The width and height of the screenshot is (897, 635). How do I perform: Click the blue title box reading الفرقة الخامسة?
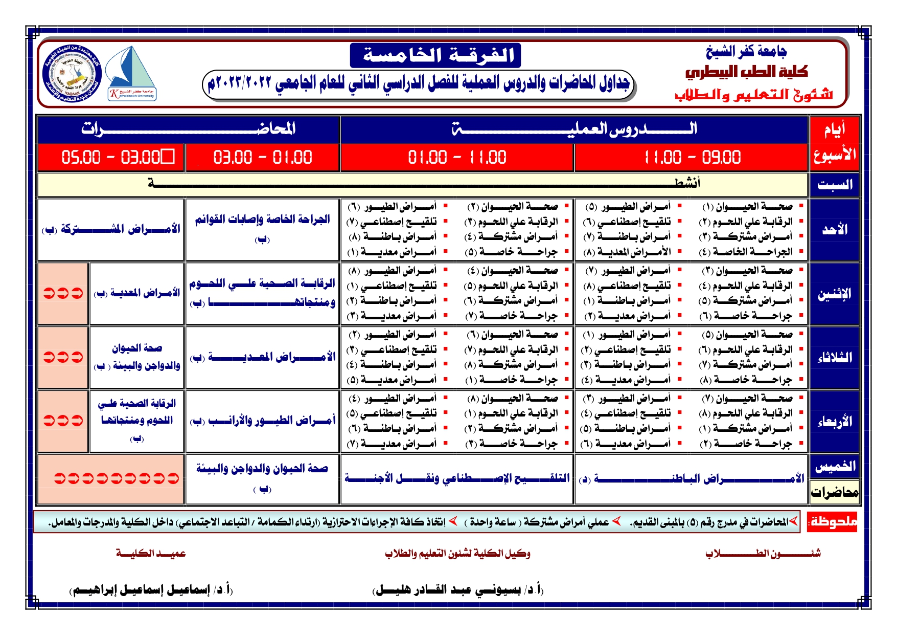pos(435,55)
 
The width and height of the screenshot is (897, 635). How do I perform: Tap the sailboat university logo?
pos(132,73)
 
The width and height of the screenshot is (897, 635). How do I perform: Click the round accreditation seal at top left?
pos(73,73)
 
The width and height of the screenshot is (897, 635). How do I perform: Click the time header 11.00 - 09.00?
pos(691,157)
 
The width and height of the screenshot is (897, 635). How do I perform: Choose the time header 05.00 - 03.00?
pos(111,157)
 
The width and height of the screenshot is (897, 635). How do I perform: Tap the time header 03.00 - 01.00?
pos(262,157)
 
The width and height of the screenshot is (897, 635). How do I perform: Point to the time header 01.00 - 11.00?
pos(457,157)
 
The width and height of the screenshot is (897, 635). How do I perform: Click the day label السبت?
pos(834,185)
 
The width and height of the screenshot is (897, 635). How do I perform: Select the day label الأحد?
pos(834,230)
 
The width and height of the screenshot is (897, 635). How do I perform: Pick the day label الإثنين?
pos(834,294)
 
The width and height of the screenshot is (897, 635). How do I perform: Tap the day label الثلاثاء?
pos(834,358)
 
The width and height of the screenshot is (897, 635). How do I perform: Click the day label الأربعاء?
pos(834,422)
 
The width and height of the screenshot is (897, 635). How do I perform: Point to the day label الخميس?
pos(834,466)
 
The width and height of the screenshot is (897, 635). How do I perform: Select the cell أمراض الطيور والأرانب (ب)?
pos(262,421)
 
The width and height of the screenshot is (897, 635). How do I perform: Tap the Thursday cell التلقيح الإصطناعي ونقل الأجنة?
pos(457,478)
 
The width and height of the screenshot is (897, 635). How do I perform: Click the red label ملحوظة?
pos(832,522)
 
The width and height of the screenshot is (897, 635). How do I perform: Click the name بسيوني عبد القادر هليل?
pos(457,590)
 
